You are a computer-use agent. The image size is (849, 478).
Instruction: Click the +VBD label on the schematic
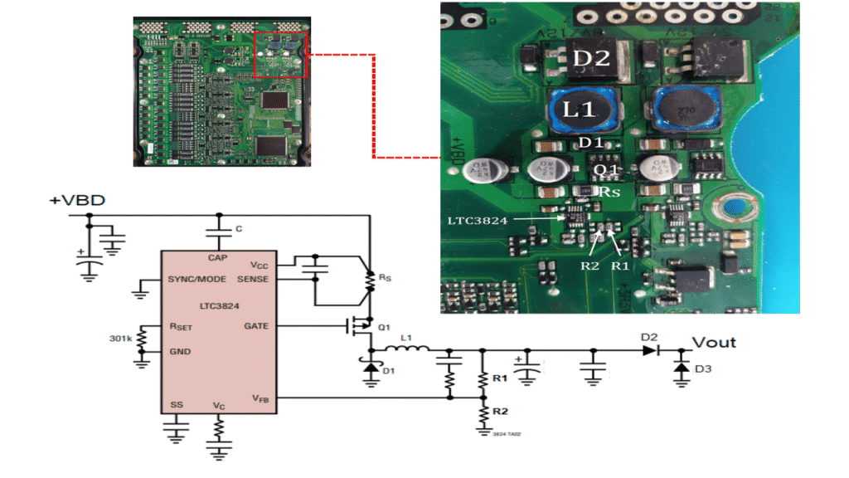[77, 202]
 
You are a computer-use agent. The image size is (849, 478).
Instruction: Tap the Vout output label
[713, 342]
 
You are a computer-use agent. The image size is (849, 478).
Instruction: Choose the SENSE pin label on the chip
[252, 278]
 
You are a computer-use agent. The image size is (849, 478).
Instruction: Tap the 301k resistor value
[120, 339]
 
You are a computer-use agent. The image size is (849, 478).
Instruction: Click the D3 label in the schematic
[702, 368]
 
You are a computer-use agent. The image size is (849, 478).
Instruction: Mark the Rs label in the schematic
[385, 276]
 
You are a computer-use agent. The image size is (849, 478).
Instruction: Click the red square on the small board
[280, 54]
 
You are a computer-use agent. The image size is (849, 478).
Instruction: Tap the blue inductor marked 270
[684, 110]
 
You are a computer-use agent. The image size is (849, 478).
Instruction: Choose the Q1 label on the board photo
[608, 169]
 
